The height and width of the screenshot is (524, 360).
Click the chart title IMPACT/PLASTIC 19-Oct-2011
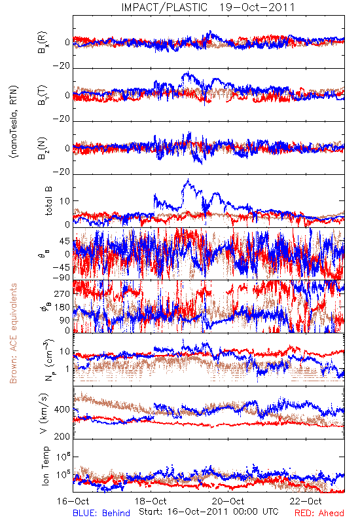coord(208,7)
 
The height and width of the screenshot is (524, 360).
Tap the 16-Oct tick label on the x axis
coord(73,501)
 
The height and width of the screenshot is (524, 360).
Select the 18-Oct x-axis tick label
coord(151,501)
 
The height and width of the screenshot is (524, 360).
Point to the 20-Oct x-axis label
coord(228,501)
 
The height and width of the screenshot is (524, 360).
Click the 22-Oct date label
coord(306,501)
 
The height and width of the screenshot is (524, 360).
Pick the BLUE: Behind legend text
coord(101,513)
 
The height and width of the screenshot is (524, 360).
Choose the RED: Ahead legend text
coord(319,513)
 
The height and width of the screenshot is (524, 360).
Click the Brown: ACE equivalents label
coord(13,333)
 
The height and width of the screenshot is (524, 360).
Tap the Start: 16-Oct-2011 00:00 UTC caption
coord(209,512)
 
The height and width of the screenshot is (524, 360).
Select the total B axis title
coord(48,201)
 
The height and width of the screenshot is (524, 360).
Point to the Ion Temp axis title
coord(45,466)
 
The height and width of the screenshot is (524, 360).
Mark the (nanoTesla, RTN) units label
coord(14,122)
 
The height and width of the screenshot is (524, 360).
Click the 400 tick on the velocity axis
coord(62,409)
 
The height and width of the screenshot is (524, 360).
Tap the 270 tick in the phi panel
coord(62,293)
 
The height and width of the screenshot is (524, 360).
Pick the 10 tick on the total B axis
coord(65,201)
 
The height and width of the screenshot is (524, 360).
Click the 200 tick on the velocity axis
coord(62,436)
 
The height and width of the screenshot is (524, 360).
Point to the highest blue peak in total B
coord(189,179)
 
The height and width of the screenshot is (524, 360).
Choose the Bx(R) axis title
coord(43,43)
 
